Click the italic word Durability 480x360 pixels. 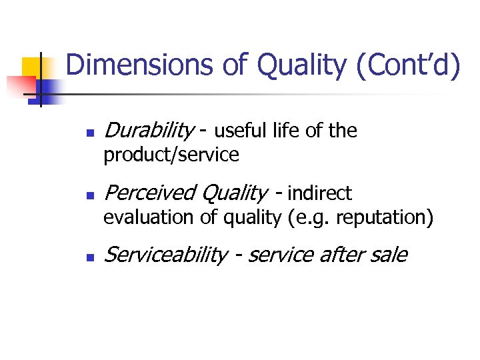pos(147,131)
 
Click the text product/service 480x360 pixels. pos(171,155)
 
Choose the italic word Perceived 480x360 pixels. pos(151,193)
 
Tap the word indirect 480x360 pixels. pos(319,194)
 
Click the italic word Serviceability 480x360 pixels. pos(166,255)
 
